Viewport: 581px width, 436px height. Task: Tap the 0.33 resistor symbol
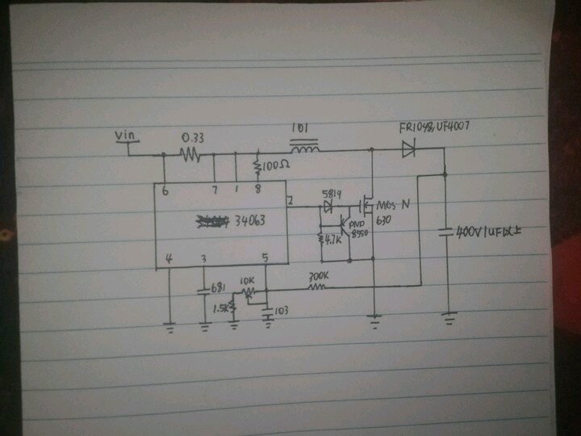190,153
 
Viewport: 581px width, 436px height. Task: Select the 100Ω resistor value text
275,164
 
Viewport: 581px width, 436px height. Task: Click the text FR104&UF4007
434,128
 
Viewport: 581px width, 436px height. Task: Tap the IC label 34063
249,220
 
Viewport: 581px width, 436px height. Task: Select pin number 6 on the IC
165,192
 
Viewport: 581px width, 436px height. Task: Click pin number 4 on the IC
169,258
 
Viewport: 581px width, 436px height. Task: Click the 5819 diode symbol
328,208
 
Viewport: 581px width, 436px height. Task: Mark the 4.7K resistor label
333,240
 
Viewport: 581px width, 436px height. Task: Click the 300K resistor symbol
318,284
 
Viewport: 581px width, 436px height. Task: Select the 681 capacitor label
216,287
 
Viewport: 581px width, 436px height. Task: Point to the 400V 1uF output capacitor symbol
445,233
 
